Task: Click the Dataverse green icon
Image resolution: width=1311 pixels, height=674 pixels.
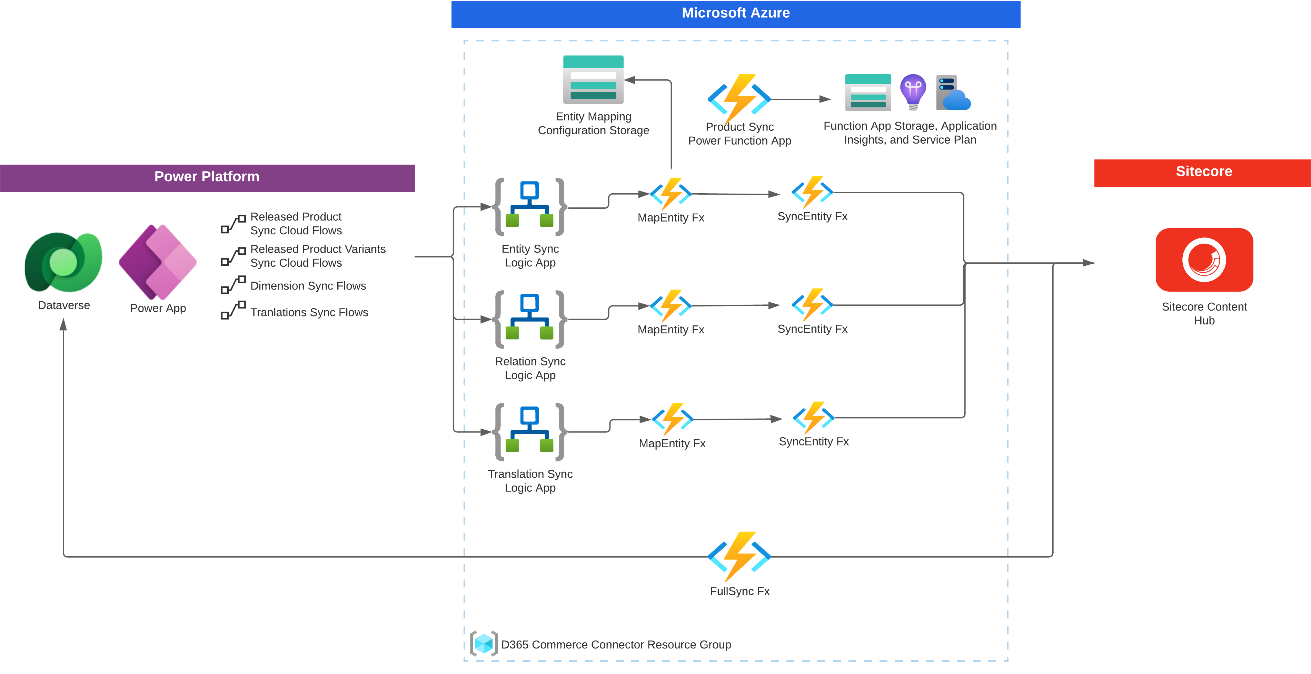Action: [x=63, y=262]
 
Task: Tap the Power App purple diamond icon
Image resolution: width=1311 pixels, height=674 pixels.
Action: [x=158, y=262]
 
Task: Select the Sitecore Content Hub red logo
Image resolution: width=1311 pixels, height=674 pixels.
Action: [x=1204, y=260]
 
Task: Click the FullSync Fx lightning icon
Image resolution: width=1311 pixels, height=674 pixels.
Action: [x=739, y=556]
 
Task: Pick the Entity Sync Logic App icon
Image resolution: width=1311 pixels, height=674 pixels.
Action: [x=530, y=207]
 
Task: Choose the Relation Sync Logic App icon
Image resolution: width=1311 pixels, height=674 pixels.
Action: [x=530, y=319]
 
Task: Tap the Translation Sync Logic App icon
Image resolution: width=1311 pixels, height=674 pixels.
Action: [x=530, y=432]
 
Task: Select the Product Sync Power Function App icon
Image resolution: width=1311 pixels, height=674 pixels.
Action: [x=739, y=98]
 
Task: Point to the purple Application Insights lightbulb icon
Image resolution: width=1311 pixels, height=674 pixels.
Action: [x=913, y=92]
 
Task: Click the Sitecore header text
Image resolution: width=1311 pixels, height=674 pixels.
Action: [x=1204, y=172]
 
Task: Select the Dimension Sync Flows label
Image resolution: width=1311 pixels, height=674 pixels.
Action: [x=308, y=286]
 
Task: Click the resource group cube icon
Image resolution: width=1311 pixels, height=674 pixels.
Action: [x=484, y=644]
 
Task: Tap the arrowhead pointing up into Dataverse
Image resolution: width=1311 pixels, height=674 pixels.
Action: [x=63, y=324]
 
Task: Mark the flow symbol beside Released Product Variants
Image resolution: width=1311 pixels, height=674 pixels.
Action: [x=233, y=256]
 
